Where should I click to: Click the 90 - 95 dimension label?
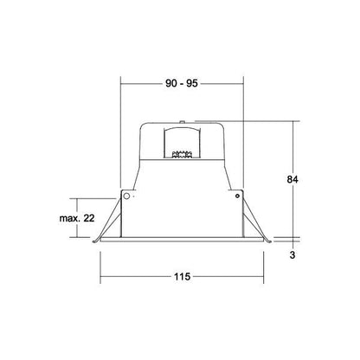click(182, 83)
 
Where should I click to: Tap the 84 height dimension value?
click(292, 179)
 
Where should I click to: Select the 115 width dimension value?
click(182, 277)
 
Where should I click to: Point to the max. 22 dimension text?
click(77, 218)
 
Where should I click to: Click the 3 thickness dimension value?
click(292, 255)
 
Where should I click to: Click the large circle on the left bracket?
click(126, 196)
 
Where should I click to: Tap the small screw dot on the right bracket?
click(237, 196)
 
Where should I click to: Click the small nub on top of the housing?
click(182, 122)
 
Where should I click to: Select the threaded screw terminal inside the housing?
click(182, 154)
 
